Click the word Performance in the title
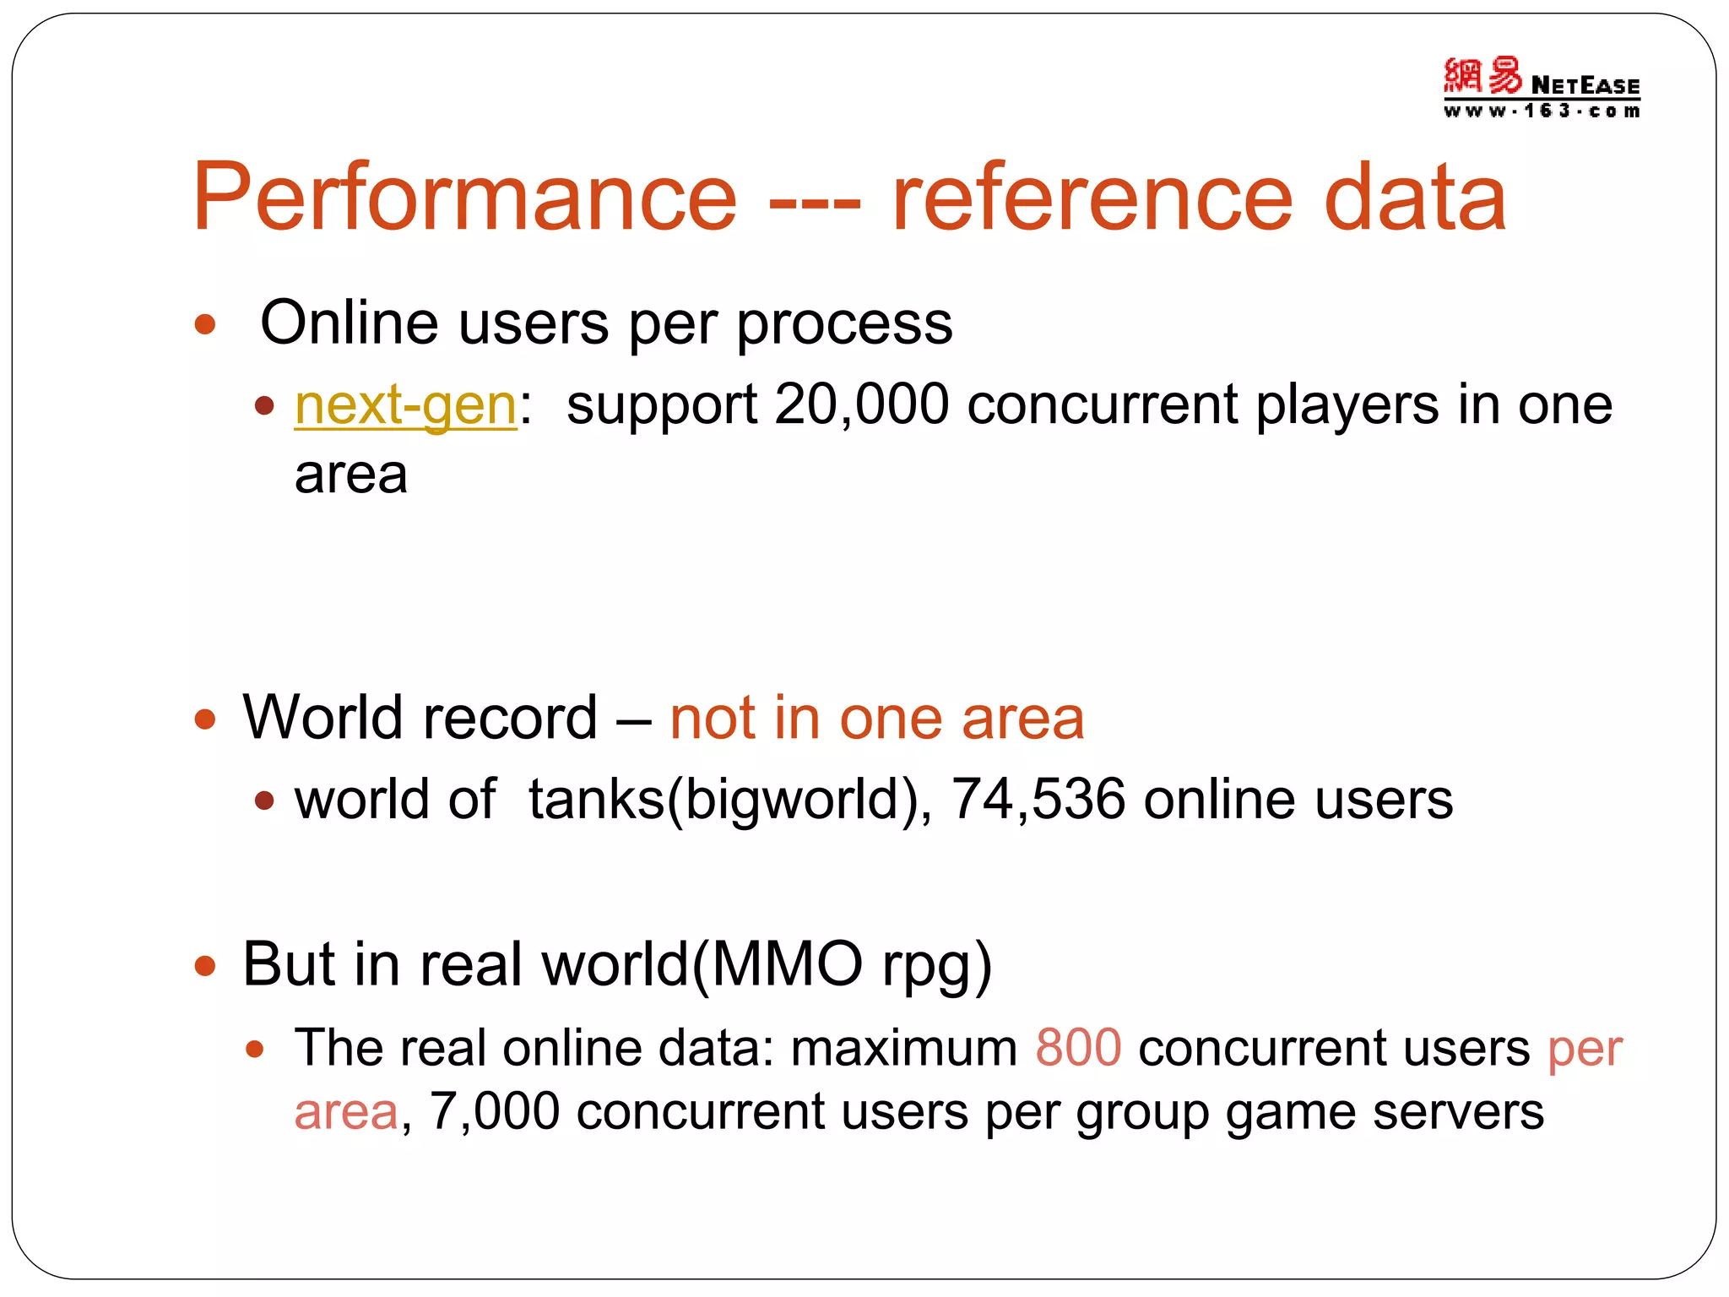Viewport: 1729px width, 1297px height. coord(464,198)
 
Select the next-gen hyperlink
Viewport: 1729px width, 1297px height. coord(405,405)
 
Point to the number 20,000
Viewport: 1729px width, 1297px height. coord(861,404)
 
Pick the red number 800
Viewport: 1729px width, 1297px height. coord(1078,1048)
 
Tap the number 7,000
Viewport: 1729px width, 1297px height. coord(495,1111)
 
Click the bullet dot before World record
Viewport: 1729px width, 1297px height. coord(205,719)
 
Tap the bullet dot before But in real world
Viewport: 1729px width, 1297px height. coord(205,965)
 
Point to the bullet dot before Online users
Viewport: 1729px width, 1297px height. coord(205,324)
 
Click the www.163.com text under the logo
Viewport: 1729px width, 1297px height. coord(1541,111)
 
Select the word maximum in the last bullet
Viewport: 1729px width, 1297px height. coord(903,1048)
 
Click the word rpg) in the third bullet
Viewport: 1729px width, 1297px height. coord(937,965)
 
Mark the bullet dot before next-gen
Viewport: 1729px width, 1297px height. coord(265,406)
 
